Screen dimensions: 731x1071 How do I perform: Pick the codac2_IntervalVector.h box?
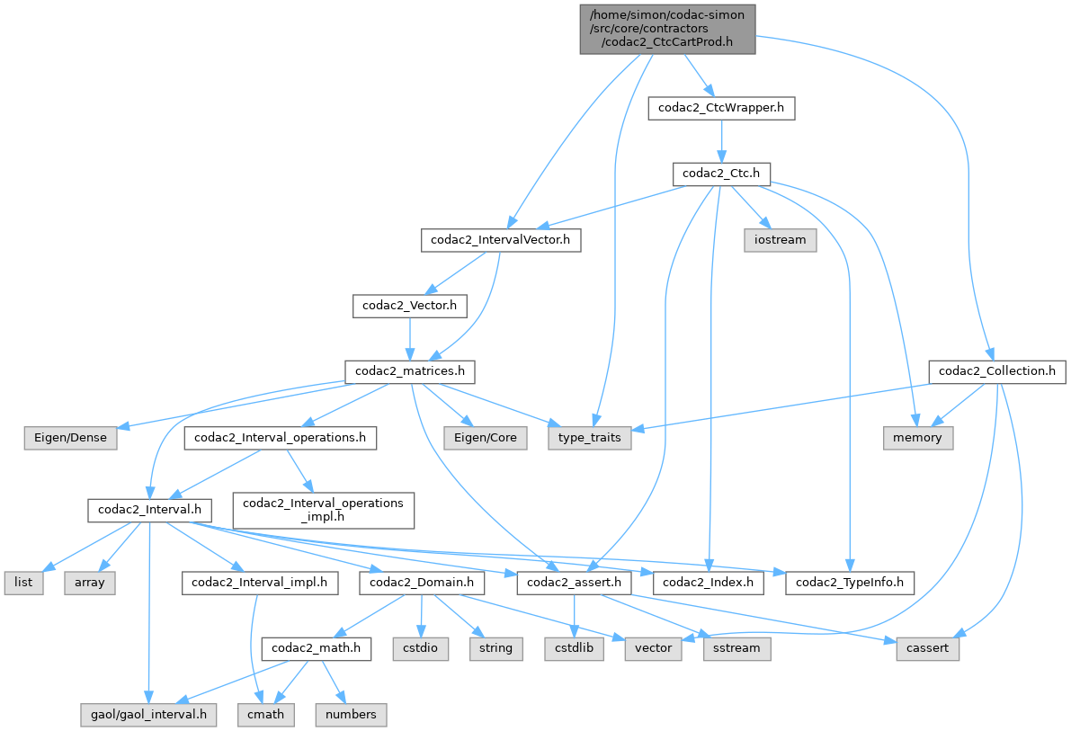(x=501, y=240)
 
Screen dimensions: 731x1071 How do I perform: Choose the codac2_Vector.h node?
(x=410, y=306)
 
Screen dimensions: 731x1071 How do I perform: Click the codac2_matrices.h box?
(x=410, y=371)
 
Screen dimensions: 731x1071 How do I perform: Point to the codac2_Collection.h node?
(x=997, y=371)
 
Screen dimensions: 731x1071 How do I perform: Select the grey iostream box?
(x=780, y=240)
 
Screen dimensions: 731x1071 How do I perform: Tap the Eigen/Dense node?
(x=65, y=438)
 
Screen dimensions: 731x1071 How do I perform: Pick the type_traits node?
(x=591, y=438)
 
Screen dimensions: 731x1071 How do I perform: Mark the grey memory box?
(x=916, y=438)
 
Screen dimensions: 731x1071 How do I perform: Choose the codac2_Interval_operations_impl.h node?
(x=323, y=510)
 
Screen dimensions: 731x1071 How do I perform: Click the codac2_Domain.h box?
(x=423, y=583)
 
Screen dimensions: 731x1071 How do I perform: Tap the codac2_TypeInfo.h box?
(x=851, y=583)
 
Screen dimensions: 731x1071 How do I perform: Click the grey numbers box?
(x=351, y=715)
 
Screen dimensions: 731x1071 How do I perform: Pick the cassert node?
(x=927, y=647)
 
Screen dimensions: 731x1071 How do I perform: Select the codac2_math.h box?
(x=316, y=647)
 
